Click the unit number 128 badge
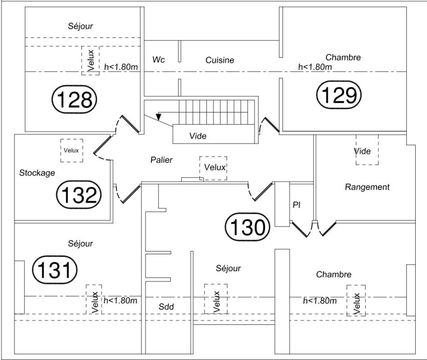click(x=74, y=99)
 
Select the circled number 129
click(x=339, y=95)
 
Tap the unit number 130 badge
click(x=247, y=227)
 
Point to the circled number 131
click(x=55, y=270)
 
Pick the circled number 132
click(x=79, y=194)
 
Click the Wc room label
click(x=159, y=59)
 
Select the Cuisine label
click(x=220, y=60)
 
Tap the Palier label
click(x=162, y=160)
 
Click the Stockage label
click(x=37, y=173)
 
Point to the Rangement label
click(x=367, y=187)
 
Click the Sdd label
click(x=166, y=306)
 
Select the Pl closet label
click(x=296, y=205)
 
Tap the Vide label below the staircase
click(x=198, y=136)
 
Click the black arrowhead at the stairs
click(x=159, y=117)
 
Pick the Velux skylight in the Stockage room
click(x=72, y=150)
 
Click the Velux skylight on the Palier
click(x=213, y=168)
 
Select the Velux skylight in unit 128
click(x=91, y=60)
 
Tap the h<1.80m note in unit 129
click(x=315, y=67)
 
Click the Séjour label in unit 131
click(x=80, y=243)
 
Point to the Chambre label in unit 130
click(x=334, y=274)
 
